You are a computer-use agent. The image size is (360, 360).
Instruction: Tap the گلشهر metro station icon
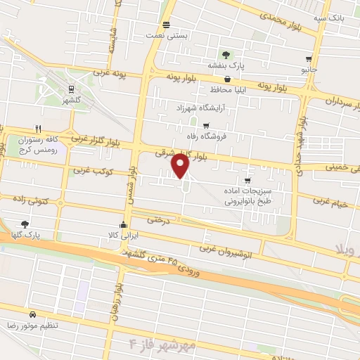tap(71, 89)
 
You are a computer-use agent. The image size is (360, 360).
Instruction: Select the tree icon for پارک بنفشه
tap(225, 56)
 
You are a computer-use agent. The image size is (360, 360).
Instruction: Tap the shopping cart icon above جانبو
tap(309, 60)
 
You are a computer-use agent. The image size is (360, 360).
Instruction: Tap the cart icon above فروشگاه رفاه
tap(205, 124)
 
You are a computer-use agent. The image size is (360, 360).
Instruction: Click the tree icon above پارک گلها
tap(25, 223)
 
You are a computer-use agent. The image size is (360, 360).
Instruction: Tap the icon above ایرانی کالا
tap(124, 225)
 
